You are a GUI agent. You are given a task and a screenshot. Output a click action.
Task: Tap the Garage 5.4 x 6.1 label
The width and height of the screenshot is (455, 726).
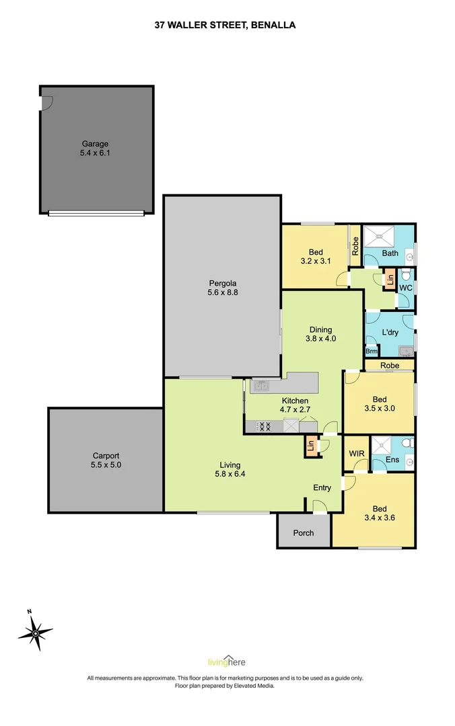pos(95,148)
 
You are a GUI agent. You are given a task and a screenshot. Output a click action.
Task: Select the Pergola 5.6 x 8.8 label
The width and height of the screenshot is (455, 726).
pos(222,288)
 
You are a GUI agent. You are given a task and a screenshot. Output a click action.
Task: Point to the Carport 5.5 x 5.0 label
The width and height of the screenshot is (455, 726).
pos(105,460)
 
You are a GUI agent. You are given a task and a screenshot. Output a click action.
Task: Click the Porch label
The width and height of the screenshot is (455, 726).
pos(304,533)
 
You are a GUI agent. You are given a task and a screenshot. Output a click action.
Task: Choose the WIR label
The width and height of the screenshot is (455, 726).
pos(357,454)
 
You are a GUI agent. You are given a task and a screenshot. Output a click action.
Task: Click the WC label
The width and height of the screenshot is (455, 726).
pos(405,288)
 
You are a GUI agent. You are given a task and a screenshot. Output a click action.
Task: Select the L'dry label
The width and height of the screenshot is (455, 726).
pos(389,333)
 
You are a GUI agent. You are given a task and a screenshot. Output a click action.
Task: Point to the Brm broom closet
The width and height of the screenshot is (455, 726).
pos(371,351)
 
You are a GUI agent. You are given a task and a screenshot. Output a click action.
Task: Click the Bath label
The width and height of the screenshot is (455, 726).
pos(390,253)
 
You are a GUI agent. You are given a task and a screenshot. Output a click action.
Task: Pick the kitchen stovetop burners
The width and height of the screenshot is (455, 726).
pos(264,426)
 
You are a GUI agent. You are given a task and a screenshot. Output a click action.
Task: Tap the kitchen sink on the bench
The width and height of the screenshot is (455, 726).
pos(260,386)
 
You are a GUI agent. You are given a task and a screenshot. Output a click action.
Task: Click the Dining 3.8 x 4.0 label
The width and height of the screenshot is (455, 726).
pos(320,334)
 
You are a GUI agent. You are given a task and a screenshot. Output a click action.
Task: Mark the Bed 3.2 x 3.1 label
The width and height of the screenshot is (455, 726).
pos(316,257)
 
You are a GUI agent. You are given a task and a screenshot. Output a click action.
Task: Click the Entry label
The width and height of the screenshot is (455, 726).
pos(322,487)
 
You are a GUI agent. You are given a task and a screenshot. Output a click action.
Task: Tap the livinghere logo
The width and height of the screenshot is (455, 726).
pos(227,660)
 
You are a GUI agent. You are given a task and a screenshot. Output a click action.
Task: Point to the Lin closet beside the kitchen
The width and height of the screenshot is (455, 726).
pos(311,446)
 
